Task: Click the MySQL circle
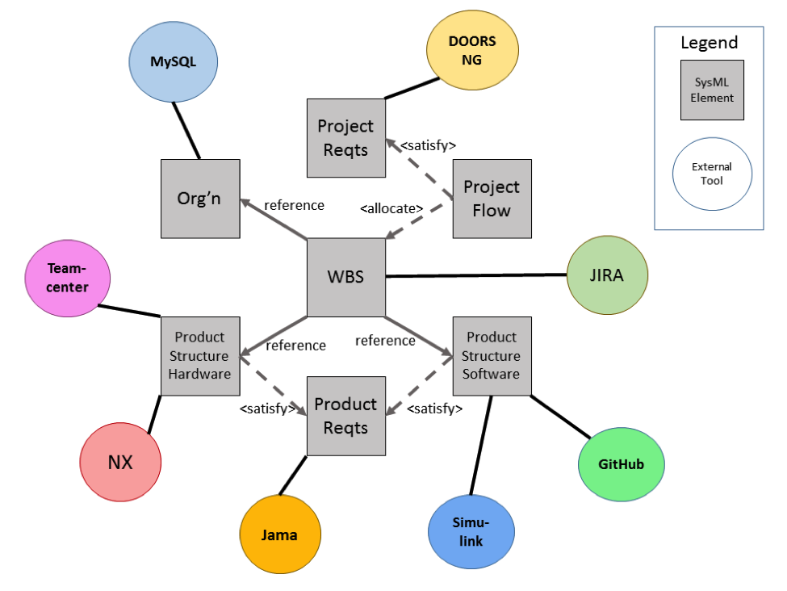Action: [x=174, y=61]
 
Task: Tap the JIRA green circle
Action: [x=607, y=275]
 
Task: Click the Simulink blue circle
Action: [x=471, y=532]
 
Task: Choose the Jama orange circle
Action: [x=279, y=534]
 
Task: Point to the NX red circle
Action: [x=120, y=463]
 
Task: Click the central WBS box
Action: [x=345, y=277]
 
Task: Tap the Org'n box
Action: [x=200, y=199]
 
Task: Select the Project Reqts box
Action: [x=345, y=138]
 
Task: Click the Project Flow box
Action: [x=492, y=199]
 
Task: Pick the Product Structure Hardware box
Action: [x=200, y=356]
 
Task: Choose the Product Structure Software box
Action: [x=492, y=356]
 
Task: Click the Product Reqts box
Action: [x=345, y=415]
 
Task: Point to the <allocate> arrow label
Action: [x=391, y=208]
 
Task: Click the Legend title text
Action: [x=709, y=43]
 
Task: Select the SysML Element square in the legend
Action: [x=712, y=90]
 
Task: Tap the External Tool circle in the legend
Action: [x=712, y=174]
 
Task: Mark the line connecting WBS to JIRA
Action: [x=476, y=275]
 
